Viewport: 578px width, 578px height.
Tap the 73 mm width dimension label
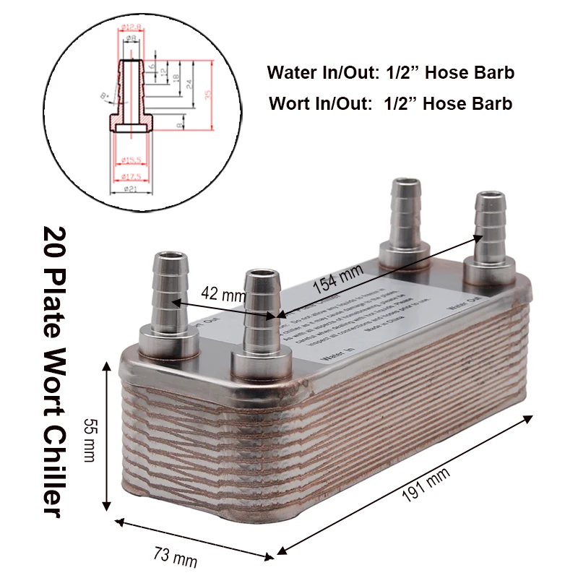175,557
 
